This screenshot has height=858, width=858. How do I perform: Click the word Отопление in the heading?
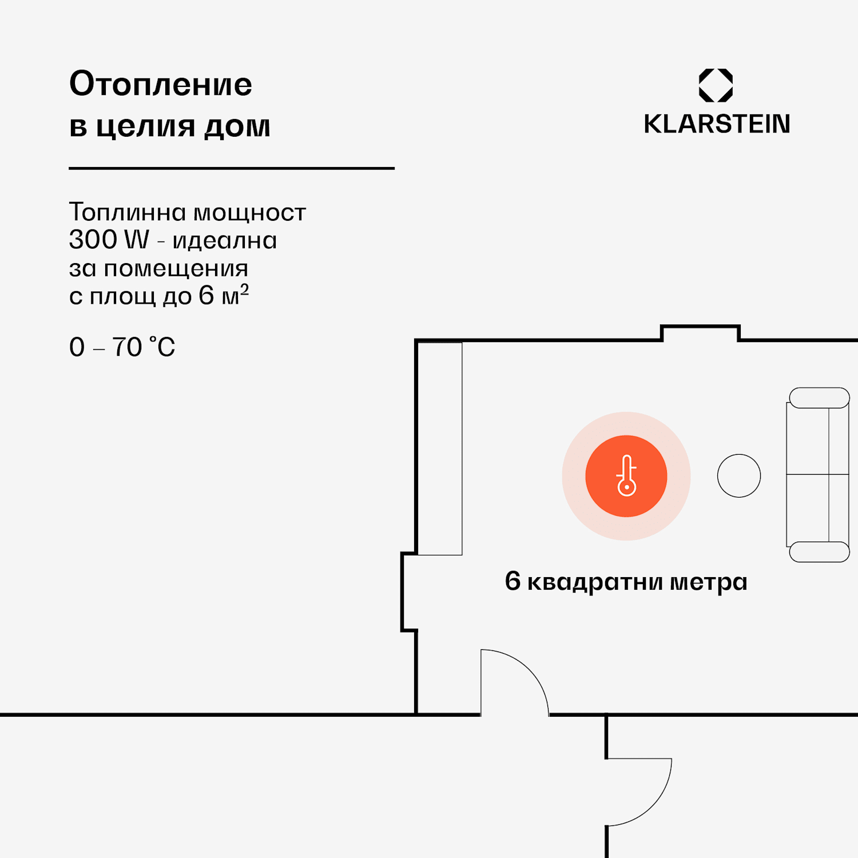click(x=160, y=85)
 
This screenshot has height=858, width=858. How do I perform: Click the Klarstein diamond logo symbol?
click(x=716, y=85)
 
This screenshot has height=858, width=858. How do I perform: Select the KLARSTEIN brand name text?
click(x=717, y=124)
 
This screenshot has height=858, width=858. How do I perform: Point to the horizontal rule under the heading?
click(x=232, y=168)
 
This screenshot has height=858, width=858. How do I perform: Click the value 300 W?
click(x=109, y=240)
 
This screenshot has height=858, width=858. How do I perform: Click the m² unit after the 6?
click(x=235, y=296)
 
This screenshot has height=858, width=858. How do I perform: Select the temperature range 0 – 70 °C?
click(x=122, y=347)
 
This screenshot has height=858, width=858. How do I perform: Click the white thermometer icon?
click(x=626, y=476)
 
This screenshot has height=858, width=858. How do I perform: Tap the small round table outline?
click(x=739, y=476)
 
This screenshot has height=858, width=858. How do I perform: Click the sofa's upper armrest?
click(x=819, y=398)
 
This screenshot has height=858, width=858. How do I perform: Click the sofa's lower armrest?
click(x=819, y=552)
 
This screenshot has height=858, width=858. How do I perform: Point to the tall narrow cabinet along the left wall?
click(x=440, y=448)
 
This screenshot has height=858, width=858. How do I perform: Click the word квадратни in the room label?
click(x=595, y=582)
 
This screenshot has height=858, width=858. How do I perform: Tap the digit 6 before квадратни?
click(x=513, y=581)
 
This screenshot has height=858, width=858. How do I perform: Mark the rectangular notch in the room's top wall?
click(x=700, y=332)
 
